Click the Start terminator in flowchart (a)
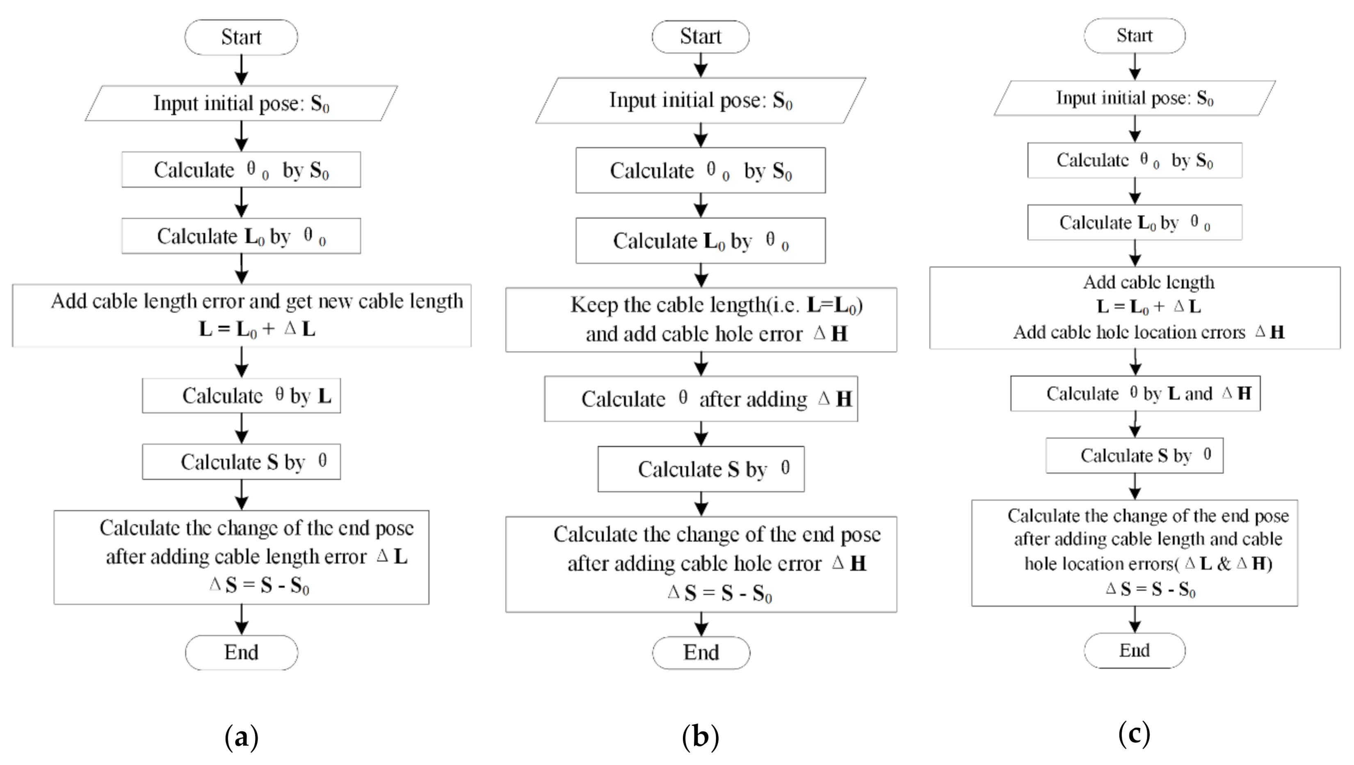click(241, 37)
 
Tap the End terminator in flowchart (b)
click(701, 653)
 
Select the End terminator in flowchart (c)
click(1134, 651)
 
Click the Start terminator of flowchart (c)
click(1134, 36)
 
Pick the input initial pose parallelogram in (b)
click(700, 100)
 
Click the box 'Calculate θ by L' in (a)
click(241, 395)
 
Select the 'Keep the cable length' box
click(701, 319)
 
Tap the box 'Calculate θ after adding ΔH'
click(701, 399)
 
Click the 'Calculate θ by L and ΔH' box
click(1135, 393)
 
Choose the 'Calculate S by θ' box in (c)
click(1134, 455)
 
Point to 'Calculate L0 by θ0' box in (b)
click(700, 241)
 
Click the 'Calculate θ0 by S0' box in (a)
click(241, 170)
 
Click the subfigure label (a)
click(241, 737)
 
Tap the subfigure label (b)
click(700, 737)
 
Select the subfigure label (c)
click(1134, 733)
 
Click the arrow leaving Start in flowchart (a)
click(241, 69)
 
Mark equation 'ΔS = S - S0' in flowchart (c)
click(1150, 589)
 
